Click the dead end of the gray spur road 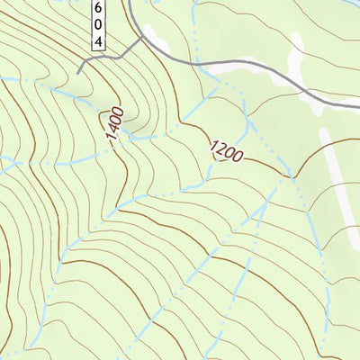click(79, 71)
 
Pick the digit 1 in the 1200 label click(214, 145)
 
